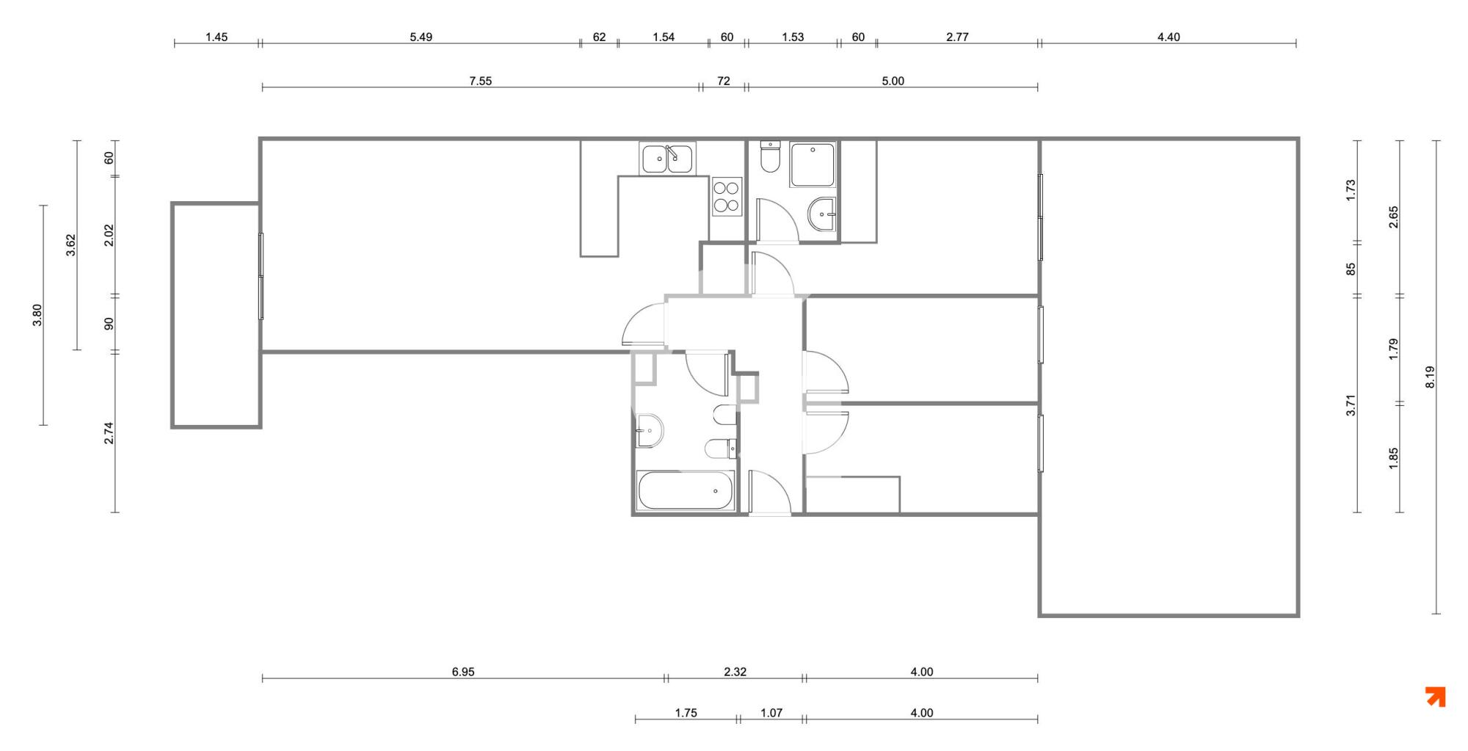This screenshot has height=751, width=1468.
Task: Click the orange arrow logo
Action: pos(1436,697)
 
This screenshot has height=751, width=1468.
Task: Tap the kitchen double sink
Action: pos(667,159)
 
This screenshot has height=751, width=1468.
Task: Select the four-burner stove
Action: pos(727,196)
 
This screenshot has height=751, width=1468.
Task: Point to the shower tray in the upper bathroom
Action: pos(813,165)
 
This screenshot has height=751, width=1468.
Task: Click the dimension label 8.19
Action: pos(1430,377)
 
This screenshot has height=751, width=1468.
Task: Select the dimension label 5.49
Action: pos(421,37)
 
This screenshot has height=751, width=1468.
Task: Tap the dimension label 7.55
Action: pos(481,81)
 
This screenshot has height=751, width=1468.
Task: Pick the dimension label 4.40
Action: pos(1169,37)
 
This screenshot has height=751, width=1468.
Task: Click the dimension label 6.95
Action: pos(463,672)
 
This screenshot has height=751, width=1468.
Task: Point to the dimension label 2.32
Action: pos(735,672)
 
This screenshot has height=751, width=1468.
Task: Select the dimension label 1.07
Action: pos(771,713)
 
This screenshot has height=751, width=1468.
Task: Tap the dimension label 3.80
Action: pos(37,315)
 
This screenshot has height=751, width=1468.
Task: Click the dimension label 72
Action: pos(724,81)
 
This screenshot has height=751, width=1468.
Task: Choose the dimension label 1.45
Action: pos(217,37)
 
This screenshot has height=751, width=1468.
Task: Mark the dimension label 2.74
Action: pos(109,433)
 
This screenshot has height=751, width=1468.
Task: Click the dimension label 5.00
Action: pos(893,81)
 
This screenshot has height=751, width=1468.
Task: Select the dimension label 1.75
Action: pos(686,713)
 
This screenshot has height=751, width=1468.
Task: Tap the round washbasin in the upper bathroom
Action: pos(821,214)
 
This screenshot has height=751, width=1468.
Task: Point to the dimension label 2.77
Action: pos(957,37)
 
